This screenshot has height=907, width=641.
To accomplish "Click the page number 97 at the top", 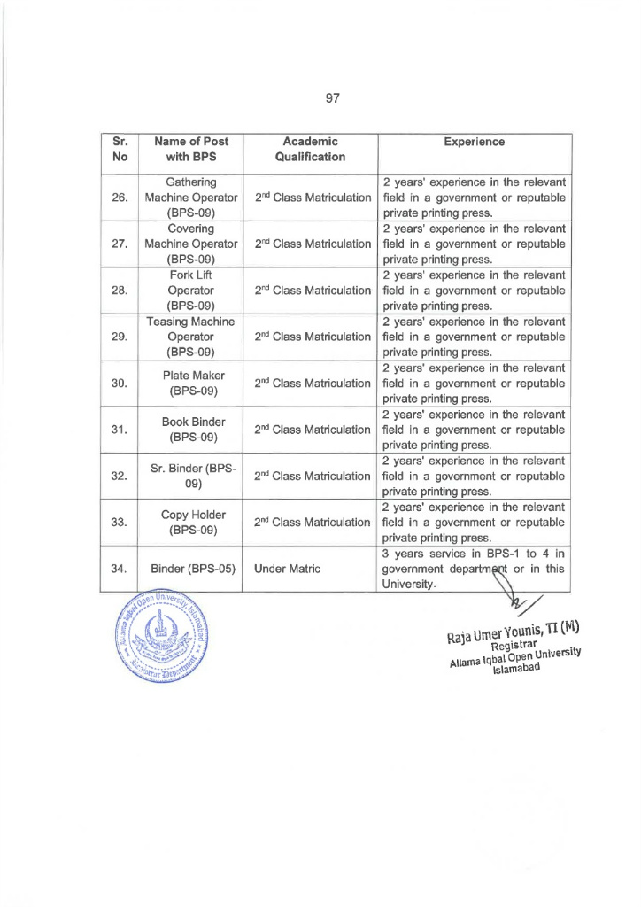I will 333,98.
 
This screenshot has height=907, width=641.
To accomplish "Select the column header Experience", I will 475,142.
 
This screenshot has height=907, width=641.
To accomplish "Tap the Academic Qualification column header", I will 310,149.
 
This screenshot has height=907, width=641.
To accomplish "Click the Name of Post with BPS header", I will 190,149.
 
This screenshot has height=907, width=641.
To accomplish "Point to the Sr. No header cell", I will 120,149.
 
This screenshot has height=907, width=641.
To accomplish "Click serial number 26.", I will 120,198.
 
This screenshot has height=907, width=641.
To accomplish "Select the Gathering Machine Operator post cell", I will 190,198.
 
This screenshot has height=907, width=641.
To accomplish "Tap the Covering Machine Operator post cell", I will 190,244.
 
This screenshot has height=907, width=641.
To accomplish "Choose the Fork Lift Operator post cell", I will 190,290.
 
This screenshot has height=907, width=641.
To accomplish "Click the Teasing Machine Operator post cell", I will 190,336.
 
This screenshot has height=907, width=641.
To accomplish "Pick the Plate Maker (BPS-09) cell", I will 190,383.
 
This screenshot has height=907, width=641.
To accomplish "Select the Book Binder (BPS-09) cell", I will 190,430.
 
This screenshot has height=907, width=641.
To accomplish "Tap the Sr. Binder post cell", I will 190,476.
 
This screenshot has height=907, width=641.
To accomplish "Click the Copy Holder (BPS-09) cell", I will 190,523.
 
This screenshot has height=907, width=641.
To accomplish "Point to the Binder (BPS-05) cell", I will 192,569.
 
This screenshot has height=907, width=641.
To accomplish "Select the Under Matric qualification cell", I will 282,569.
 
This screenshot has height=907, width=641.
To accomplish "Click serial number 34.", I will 120,569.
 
